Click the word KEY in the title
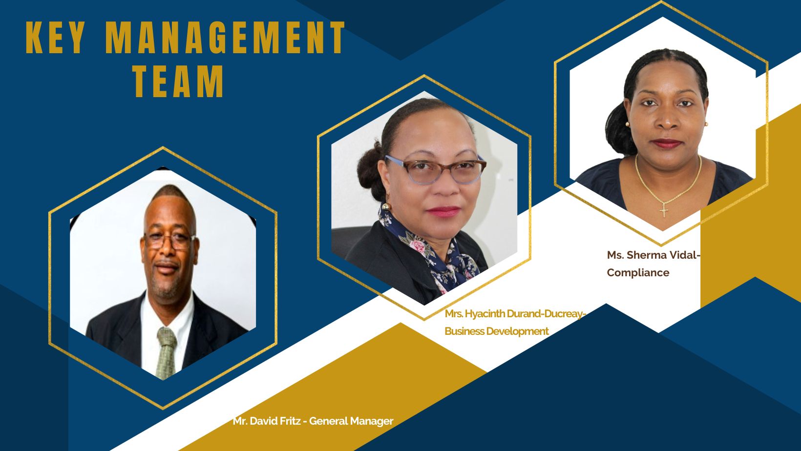(x=55, y=38)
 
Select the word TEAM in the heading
(x=179, y=81)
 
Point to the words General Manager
(x=351, y=421)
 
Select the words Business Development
(x=497, y=331)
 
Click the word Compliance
(x=638, y=273)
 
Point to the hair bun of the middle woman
(x=369, y=168)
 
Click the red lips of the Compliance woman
(x=667, y=143)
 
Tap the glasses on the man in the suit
(x=170, y=241)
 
